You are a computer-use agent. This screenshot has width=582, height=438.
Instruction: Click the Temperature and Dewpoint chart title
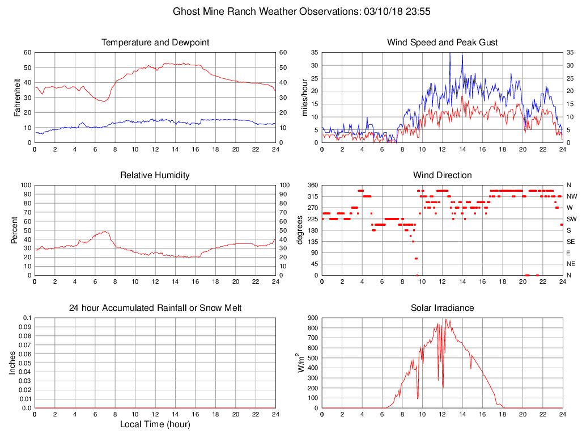155,43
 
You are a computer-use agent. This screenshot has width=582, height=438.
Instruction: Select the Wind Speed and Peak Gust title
442,43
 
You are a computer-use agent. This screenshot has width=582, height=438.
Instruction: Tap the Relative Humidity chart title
155,175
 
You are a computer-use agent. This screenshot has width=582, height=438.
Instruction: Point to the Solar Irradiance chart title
442,308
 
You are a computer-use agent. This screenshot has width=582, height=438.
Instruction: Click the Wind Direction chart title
442,175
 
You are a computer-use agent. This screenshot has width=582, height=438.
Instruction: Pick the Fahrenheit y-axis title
17,98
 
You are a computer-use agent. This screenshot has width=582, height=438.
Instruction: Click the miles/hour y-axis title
304,98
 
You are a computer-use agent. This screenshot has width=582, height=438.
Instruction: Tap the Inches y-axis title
12,363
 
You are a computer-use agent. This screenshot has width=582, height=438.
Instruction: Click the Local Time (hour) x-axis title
155,424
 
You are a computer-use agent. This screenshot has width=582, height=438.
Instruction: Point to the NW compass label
571,196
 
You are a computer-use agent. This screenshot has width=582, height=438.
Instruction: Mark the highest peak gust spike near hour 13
450,53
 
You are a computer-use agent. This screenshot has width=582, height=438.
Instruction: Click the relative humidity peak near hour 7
105,231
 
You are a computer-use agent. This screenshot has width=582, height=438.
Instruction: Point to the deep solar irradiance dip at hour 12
443,387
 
